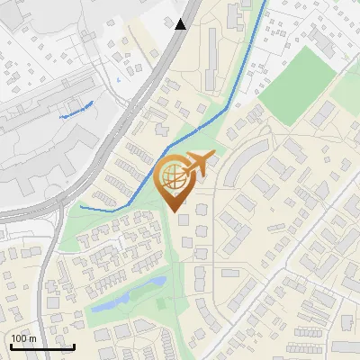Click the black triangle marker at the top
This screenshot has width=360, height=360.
(x=181, y=23)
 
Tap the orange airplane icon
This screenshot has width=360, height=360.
(x=198, y=164)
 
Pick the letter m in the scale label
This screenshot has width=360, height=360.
(x=33, y=339)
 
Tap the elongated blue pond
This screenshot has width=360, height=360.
(x=126, y=295)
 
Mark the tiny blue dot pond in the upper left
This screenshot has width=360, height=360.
(x=118, y=79)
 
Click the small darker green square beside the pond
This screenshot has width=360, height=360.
(x=162, y=303)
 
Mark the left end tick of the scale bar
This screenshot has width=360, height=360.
(x=10, y=346)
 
